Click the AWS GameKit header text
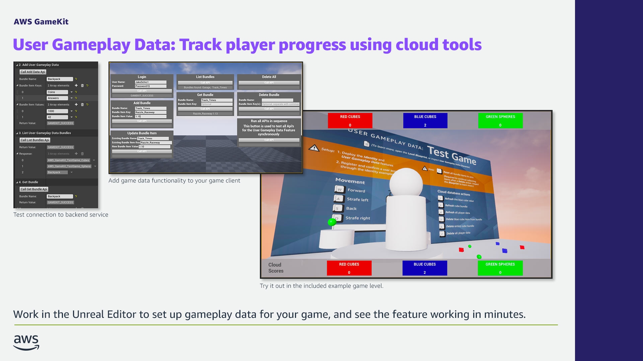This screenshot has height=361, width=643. pyautogui.click(x=41, y=22)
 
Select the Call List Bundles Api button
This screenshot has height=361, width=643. pyautogui.click(x=35, y=140)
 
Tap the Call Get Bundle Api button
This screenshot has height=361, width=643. pyautogui.click(x=34, y=189)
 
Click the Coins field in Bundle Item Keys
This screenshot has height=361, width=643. pyautogui.click(x=57, y=92)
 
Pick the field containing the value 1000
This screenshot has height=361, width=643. pyautogui.click(x=57, y=111)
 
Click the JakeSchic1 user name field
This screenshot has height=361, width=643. pyautogui.click(x=150, y=82)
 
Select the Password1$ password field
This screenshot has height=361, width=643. pyautogui.click(x=150, y=86)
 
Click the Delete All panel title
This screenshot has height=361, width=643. pyautogui.click(x=269, y=77)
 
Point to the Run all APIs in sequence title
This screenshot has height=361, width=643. pyautogui.click(x=269, y=121)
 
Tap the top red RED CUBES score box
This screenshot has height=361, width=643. pyautogui.click(x=350, y=120)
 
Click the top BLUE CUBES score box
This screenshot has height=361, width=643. pyautogui.click(x=425, y=120)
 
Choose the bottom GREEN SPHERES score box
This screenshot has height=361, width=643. pyautogui.click(x=500, y=268)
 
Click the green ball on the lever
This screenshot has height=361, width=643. pyautogui.click(x=332, y=222)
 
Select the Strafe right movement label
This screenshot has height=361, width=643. pyautogui.click(x=358, y=218)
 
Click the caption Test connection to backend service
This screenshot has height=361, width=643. pyautogui.click(x=61, y=215)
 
